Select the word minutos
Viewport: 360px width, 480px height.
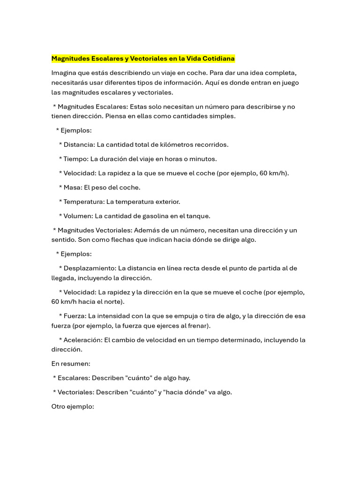point(203,159)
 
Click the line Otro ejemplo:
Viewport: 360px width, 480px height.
point(73,406)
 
